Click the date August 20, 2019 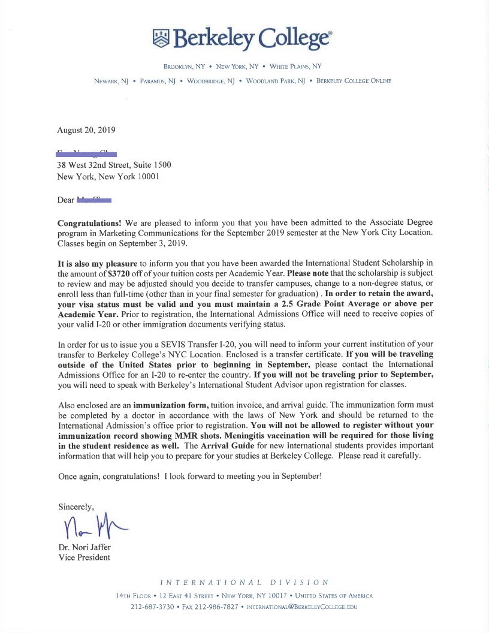86,130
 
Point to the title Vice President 84,557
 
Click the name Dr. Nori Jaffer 85,547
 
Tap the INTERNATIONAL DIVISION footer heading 244,583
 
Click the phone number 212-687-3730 152,607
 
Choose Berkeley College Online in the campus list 354,80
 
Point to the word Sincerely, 76,507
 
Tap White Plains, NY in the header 295,67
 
